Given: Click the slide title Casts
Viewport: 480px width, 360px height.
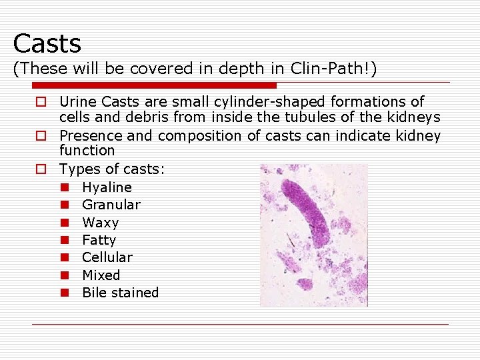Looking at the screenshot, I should pos(47,44).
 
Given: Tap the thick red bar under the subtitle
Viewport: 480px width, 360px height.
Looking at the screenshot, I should pos(154,85).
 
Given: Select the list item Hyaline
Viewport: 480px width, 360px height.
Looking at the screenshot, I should pos(107,187).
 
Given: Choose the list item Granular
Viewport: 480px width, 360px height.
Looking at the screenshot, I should pos(111,205).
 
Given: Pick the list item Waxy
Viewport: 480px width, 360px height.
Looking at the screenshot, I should pos(100,223).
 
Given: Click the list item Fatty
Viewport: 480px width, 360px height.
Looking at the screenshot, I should pos(99,240).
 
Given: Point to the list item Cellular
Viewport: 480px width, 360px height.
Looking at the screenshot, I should pos(107,257).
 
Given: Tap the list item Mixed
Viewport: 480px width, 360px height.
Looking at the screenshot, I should pos(101,275).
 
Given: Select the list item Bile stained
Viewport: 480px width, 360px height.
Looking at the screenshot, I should pos(120,293).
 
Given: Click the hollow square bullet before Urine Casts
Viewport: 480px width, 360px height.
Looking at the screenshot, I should pos(41,102).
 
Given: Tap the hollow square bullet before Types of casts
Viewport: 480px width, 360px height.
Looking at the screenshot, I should pos(41,169).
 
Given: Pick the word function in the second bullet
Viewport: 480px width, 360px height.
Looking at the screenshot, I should pos(87,151).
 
